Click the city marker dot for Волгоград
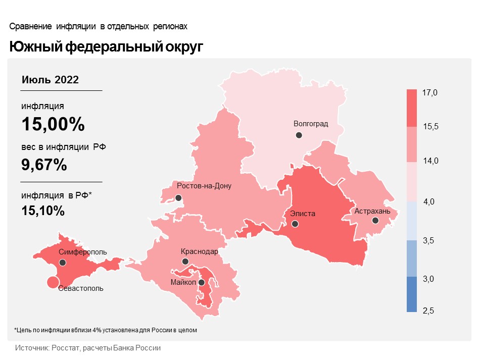(299, 135)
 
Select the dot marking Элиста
(295, 224)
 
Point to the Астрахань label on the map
(372, 211)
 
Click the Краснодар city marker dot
(185, 262)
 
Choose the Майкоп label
(183, 282)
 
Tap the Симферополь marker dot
(63, 263)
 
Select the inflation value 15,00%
(53, 124)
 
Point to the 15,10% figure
(43, 211)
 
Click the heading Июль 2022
(50, 80)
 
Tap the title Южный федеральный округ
(106, 47)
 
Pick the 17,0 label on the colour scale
(430, 92)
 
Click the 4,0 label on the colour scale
(429, 202)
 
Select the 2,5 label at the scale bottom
(429, 311)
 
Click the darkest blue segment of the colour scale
(412, 294)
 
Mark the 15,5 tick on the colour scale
(430, 127)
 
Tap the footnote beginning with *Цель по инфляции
(105, 330)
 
